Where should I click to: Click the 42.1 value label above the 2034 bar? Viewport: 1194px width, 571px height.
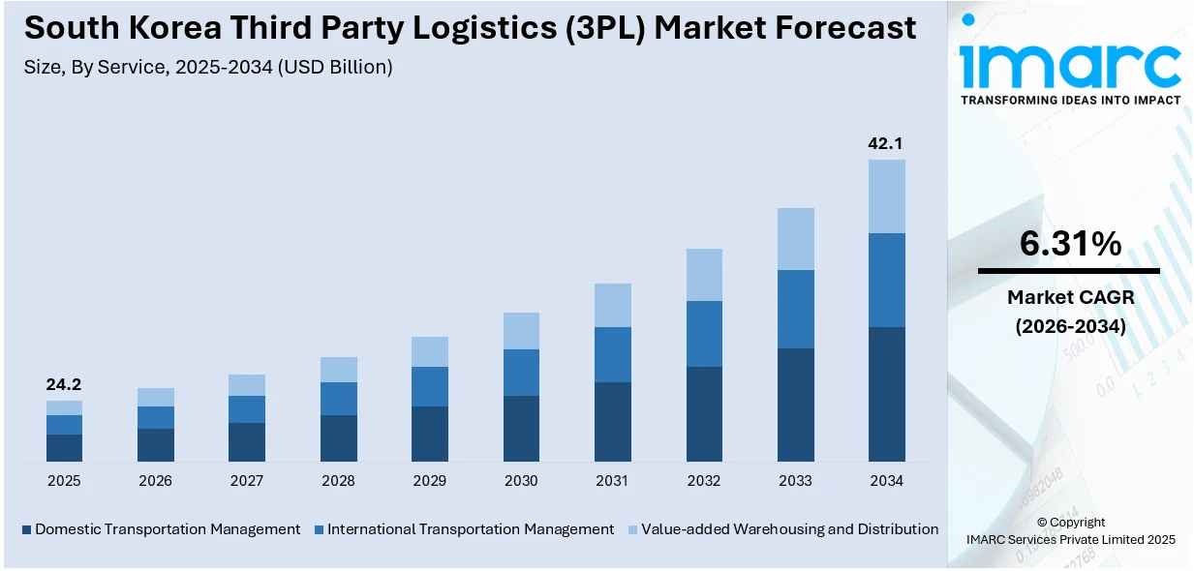tap(886, 143)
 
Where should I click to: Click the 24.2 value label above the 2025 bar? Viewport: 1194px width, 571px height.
tap(64, 384)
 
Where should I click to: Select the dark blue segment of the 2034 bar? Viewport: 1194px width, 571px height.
tap(886, 394)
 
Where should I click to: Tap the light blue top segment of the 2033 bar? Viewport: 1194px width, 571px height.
tap(795, 238)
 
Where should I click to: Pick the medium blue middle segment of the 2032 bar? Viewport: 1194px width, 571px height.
tap(704, 333)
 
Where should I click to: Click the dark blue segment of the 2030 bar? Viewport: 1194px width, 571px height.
tap(521, 428)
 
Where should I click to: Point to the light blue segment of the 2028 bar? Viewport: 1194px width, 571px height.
tap(339, 369)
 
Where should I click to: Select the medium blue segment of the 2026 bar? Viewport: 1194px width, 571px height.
tap(156, 417)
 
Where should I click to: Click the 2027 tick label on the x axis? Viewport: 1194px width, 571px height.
tap(247, 481)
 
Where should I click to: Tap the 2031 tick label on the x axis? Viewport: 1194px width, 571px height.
tap(612, 481)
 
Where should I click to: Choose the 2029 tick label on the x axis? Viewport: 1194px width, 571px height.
tap(430, 481)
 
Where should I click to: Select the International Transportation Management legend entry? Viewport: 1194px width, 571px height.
tap(470, 529)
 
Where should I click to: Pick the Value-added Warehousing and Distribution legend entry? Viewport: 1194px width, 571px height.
tap(787, 529)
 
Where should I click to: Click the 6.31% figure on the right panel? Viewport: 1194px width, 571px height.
tap(1070, 244)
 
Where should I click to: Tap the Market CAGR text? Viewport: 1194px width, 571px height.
tap(1070, 297)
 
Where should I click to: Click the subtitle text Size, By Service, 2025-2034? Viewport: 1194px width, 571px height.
tap(208, 68)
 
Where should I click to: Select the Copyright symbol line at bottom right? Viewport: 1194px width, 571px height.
tap(1070, 522)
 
